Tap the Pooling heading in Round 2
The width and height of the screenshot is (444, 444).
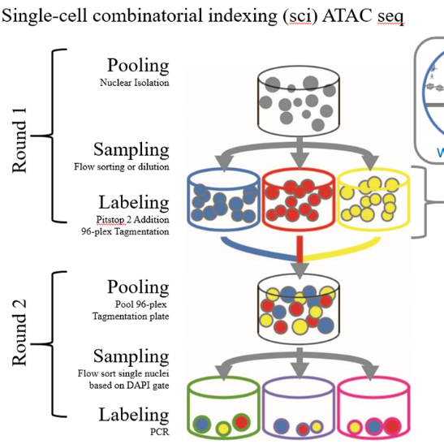click(138, 287)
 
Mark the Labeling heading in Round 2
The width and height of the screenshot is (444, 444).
click(134, 416)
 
